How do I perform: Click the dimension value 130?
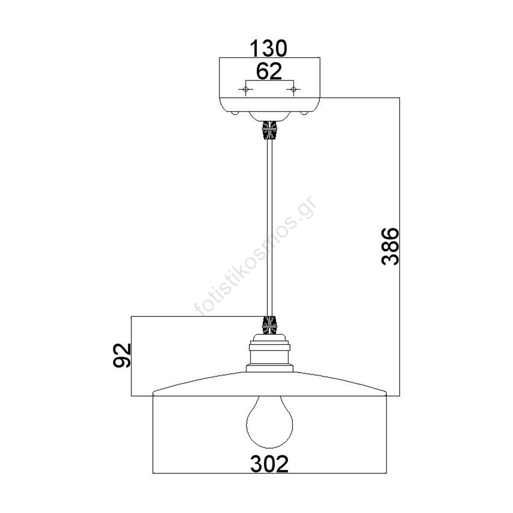pyautogui.click(x=269, y=48)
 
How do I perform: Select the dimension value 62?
pyautogui.click(x=269, y=71)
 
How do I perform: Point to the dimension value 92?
pyautogui.click(x=122, y=355)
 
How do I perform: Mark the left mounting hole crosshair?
pyautogui.click(x=245, y=89)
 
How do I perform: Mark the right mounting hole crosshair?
pyautogui.click(x=293, y=89)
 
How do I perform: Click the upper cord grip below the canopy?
pyautogui.click(x=269, y=130)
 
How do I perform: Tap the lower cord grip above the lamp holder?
pyautogui.click(x=269, y=325)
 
